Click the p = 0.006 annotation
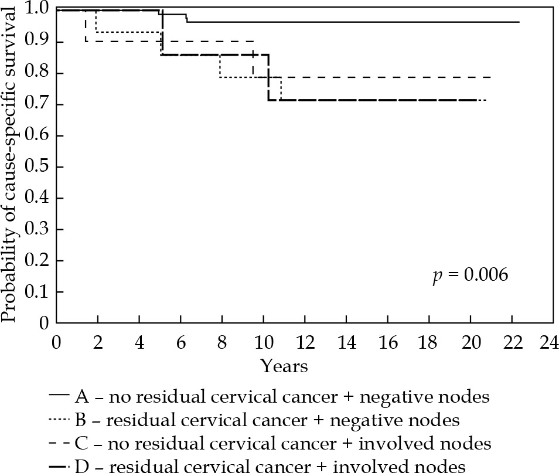470,275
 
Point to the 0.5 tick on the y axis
39,167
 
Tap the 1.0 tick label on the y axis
39,10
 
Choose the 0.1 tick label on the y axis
39,292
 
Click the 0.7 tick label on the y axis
39,104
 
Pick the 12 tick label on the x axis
304,341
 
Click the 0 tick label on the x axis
57,341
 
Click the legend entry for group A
282,397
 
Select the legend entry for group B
267,420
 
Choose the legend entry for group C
282,443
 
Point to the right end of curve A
519,22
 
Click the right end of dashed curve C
490,77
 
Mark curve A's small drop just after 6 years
186,18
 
